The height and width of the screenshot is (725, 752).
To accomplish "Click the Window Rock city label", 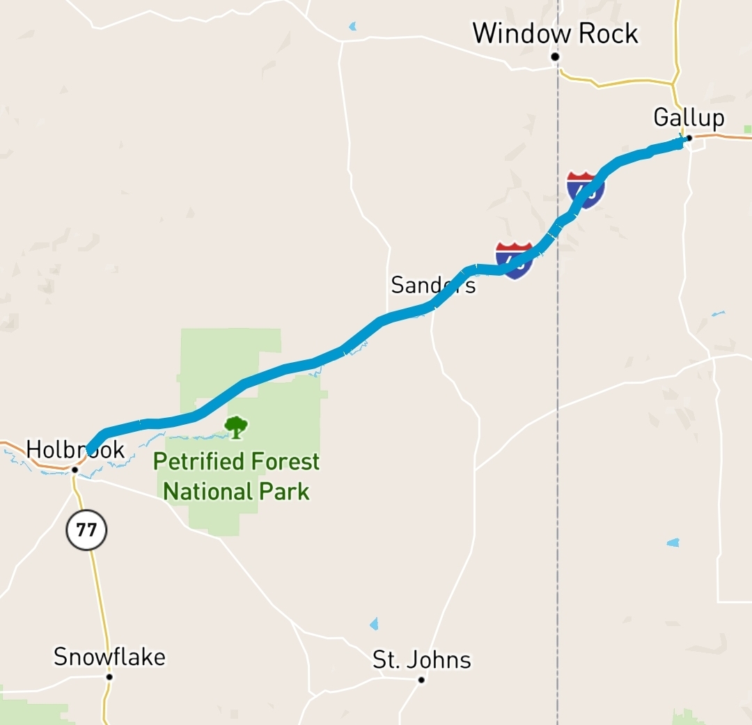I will point(555,33).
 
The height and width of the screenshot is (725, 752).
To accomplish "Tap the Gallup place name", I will point(688,117).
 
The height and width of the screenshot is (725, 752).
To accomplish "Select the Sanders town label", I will point(433,285).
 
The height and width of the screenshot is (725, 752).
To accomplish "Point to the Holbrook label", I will point(75,450).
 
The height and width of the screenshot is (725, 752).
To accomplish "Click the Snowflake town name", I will point(109,657).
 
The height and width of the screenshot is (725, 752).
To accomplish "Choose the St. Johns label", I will point(421,660).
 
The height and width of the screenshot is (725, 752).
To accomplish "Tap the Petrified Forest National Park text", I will point(236,476).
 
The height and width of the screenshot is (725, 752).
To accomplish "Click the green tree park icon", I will point(236,427).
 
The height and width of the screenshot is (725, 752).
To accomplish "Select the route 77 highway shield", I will point(86,531).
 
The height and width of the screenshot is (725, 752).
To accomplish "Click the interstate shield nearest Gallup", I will point(585,190).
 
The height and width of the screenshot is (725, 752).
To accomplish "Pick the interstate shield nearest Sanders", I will point(514,260).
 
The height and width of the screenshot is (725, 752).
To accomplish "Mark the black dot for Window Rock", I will point(555,56).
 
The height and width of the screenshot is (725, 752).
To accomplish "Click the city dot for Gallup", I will point(689,138).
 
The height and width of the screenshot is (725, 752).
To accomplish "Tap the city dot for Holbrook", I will point(75,470).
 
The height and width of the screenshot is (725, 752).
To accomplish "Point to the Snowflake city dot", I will point(109,676).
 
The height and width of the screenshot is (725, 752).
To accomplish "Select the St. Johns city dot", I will point(421,680).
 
